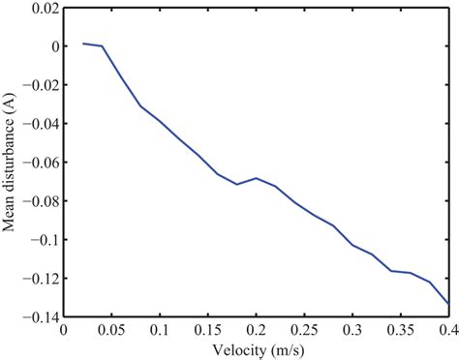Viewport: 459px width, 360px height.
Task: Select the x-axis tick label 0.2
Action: tap(257, 329)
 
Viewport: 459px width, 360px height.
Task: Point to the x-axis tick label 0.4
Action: tap(447, 329)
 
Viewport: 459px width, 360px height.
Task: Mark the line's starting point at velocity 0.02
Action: tap(82, 44)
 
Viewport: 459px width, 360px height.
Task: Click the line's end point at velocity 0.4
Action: tap(449, 304)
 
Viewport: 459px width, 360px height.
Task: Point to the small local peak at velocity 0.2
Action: tap(257, 178)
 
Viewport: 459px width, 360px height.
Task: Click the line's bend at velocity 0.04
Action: tap(102, 46)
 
